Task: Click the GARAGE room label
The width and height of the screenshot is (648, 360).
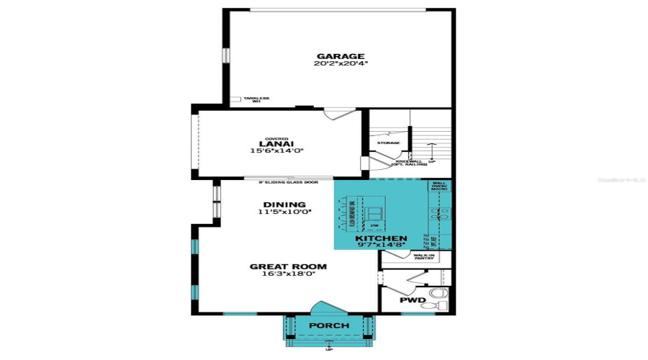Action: (341, 56)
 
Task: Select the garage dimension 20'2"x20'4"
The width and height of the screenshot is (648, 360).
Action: (341, 64)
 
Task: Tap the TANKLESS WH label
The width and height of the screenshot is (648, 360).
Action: (256, 100)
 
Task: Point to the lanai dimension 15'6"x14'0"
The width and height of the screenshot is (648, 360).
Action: (276, 151)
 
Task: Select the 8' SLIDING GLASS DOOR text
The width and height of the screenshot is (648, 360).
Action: (288, 182)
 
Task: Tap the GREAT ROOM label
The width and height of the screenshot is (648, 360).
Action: (288, 266)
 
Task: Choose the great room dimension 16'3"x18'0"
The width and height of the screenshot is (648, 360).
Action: (288, 274)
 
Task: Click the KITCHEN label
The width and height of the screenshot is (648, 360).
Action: (381, 238)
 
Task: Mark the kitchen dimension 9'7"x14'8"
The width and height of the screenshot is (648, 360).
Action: (381, 246)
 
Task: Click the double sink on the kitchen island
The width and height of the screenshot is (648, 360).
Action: (375, 213)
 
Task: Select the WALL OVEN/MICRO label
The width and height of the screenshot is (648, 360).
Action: (439, 186)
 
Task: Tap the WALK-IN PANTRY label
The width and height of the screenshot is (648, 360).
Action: (423, 257)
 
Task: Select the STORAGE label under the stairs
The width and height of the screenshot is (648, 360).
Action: (388, 143)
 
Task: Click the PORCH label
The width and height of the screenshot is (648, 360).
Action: (329, 326)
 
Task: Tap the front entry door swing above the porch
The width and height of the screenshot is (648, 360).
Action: (328, 308)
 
